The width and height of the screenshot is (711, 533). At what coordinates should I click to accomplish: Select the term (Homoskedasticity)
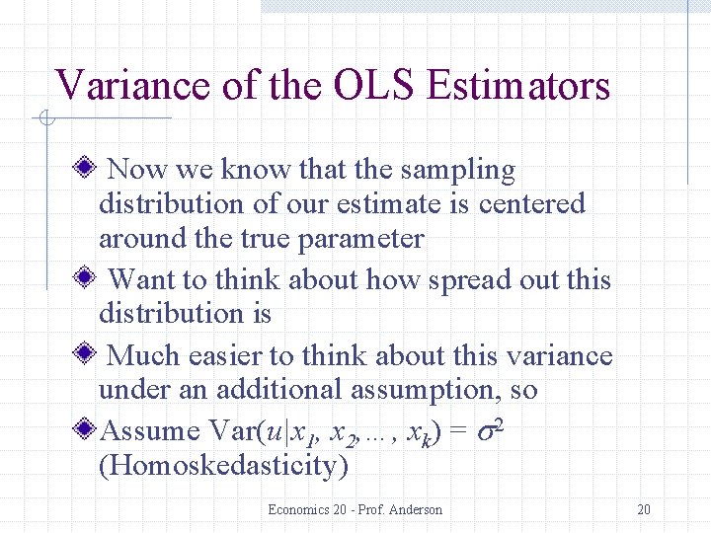pos(223,465)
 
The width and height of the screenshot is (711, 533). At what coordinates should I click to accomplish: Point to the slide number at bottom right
pos(644,509)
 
